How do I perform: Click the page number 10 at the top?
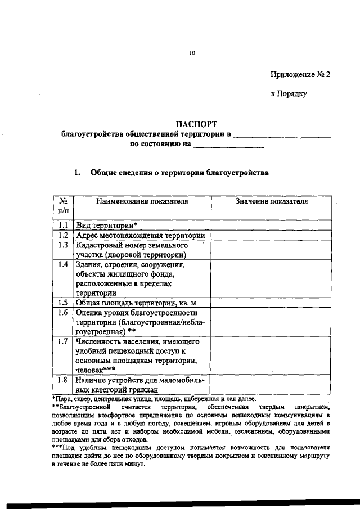pos(191,53)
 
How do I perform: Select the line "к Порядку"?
pos(289,94)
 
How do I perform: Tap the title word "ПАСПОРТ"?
pos(196,124)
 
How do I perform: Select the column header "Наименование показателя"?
pos(141,201)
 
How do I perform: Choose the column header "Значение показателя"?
pos(272,201)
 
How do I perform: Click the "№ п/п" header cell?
pos(63,206)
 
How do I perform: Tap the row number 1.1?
pos(63,225)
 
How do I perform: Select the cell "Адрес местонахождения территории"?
pos(141,236)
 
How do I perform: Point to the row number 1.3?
pos(63,245)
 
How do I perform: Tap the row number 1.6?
pos(63,313)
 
